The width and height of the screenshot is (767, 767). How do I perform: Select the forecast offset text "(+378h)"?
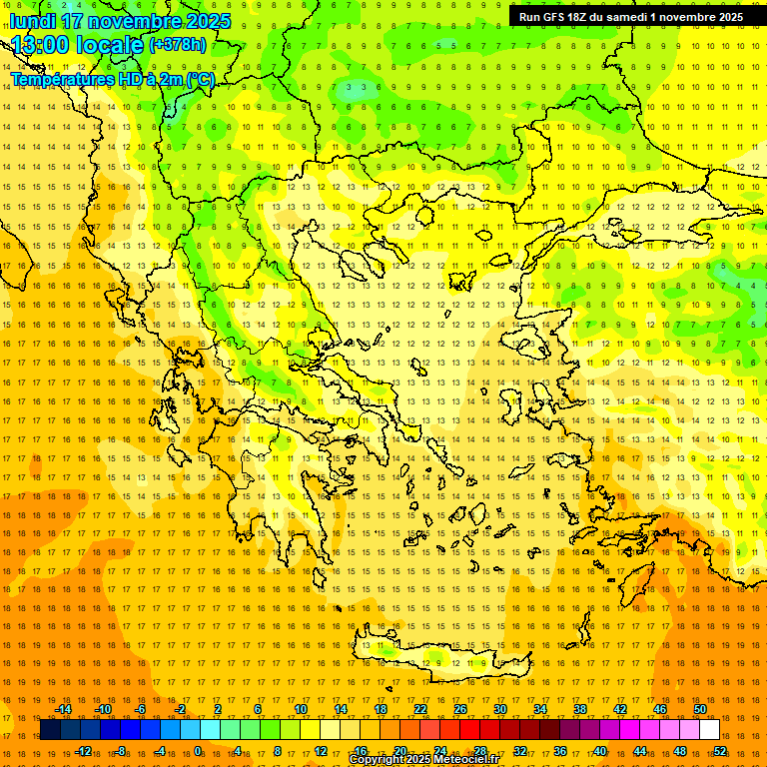178,45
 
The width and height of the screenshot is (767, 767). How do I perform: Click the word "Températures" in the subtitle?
59,79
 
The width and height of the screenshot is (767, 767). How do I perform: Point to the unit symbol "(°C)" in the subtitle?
199,79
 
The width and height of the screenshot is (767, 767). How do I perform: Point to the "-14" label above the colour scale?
63,709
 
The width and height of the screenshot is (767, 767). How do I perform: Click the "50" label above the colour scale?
700,709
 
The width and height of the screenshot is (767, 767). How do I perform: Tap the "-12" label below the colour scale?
83,751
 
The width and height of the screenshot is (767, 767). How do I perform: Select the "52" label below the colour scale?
720,751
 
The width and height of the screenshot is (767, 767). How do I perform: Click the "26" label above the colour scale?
460,709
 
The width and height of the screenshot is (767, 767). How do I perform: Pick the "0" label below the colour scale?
198,751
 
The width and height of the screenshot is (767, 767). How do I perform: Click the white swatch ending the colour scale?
710,730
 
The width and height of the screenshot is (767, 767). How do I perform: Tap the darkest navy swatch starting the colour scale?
50,730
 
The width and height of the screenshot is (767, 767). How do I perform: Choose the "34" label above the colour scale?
540,709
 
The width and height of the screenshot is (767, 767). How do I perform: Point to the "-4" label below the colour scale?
160,751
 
